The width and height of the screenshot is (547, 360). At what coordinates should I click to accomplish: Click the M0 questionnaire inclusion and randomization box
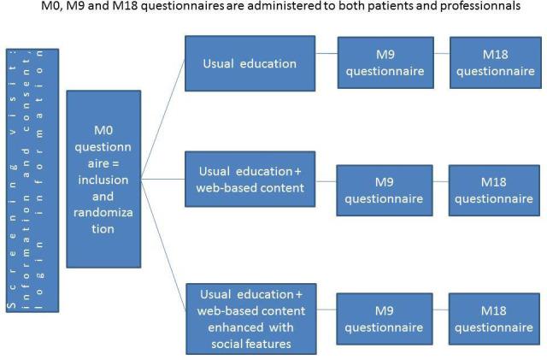[103, 179]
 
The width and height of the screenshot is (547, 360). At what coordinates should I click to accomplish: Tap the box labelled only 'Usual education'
[250, 63]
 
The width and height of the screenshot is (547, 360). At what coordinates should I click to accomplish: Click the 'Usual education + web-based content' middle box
[250, 179]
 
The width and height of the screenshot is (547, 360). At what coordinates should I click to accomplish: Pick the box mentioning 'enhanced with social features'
[250, 318]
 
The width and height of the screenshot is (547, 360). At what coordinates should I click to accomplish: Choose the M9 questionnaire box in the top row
[384, 63]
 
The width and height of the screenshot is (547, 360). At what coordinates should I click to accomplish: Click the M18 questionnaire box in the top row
[495, 63]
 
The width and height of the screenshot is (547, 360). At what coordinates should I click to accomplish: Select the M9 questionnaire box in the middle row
[384, 190]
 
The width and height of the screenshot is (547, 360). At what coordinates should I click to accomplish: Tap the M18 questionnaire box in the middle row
[495, 190]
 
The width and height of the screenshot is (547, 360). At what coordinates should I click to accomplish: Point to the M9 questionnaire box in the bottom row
[384, 318]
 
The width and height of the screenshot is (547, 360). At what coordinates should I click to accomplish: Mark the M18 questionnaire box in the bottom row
[495, 318]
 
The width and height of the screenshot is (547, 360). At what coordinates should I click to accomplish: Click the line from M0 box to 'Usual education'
[164, 120]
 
